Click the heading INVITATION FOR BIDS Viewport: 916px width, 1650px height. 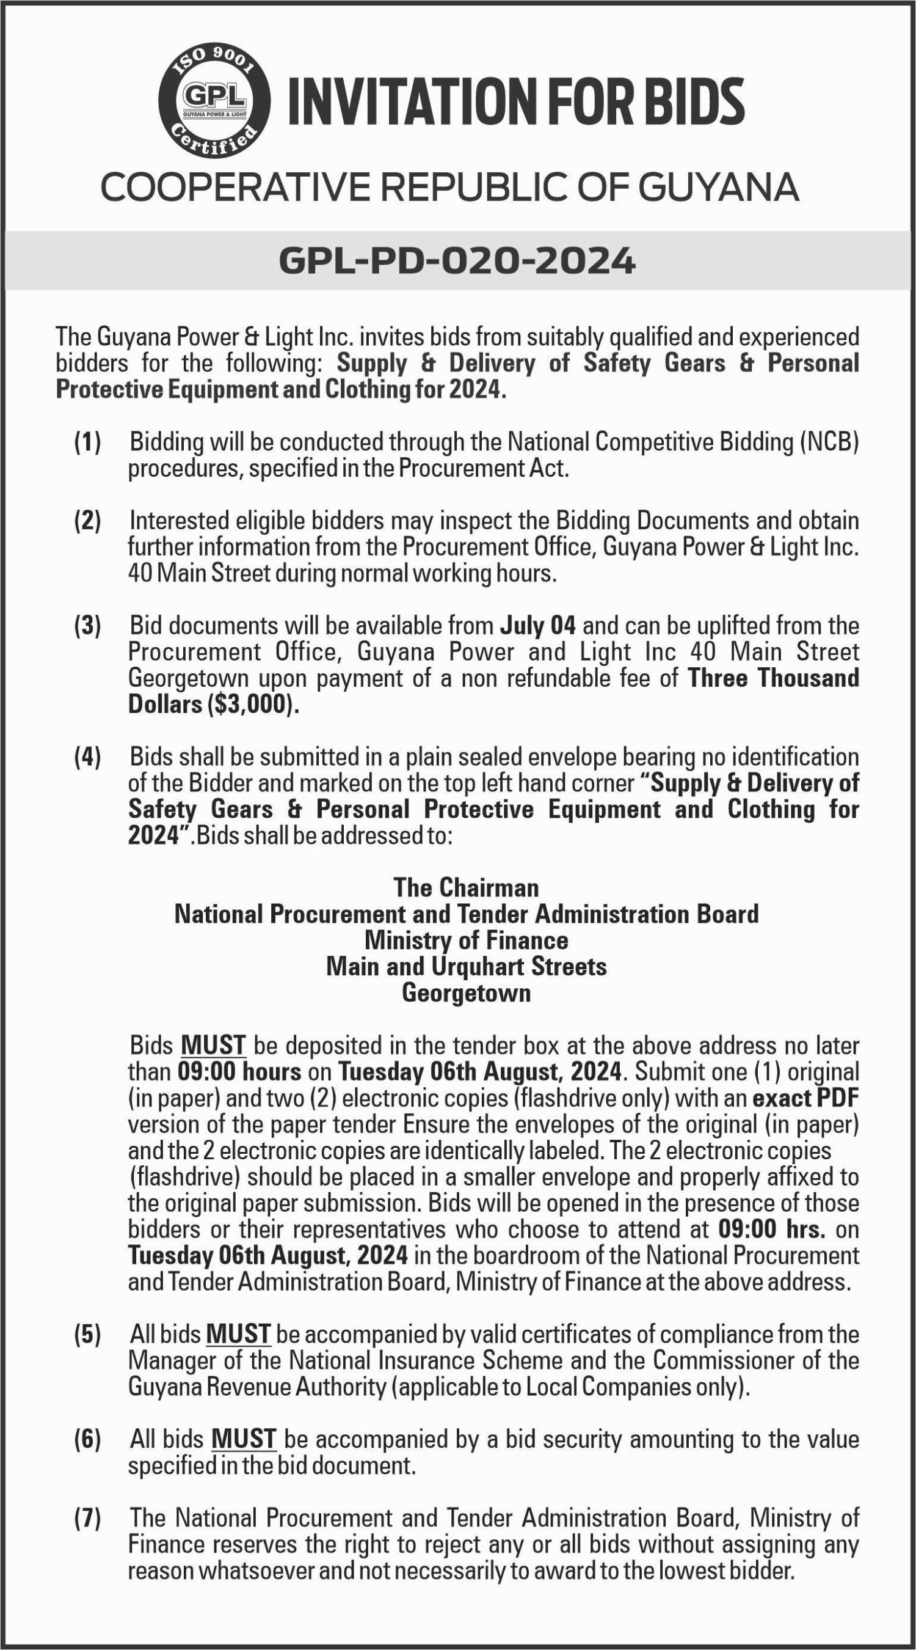(x=516, y=102)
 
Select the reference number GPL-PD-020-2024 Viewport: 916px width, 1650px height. (x=457, y=261)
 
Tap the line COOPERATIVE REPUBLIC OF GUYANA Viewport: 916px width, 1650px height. (x=450, y=188)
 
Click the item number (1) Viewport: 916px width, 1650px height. (x=88, y=442)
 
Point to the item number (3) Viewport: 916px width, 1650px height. (x=88, y=625)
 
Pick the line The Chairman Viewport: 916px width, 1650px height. (x=466, y=888)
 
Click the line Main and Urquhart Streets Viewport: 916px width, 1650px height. (x=466, y=966)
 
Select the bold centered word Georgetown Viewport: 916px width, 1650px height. (x=466, y=993)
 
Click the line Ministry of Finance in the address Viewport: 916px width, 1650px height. (x=466, y=940)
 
